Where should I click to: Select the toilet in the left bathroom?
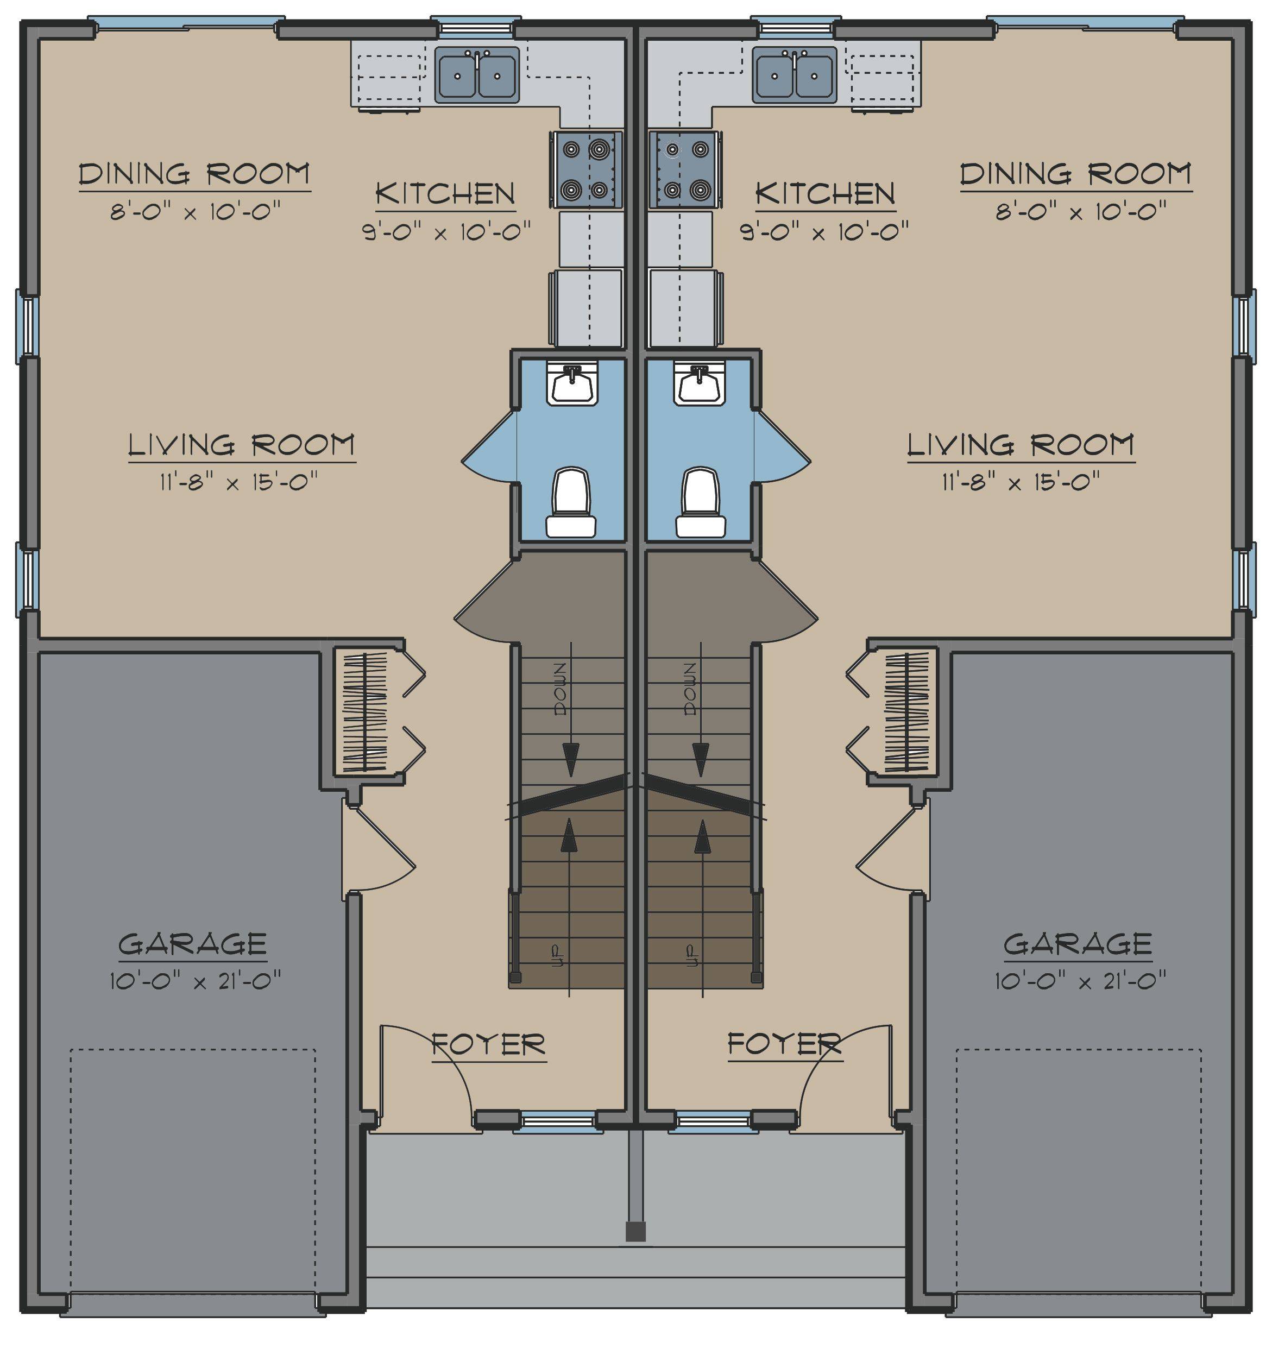click(x=571, y=502)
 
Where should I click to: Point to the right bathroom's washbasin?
click(x=700, y=383)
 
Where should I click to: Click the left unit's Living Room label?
click(x=242, y=445)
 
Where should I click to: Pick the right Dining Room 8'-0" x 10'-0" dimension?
click(x=1081, y=212)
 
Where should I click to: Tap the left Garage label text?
click(x=193, y=944)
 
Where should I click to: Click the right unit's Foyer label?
click(x=785, y=1044)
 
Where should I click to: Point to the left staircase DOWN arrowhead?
click(x=571, y=759)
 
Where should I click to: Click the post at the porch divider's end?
click(x=635, y=1231)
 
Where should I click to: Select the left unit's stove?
click(x=587, y=169)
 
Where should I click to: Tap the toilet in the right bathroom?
click(x=701, y=502)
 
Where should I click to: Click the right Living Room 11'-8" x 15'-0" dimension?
click(x=1020, y=482)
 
